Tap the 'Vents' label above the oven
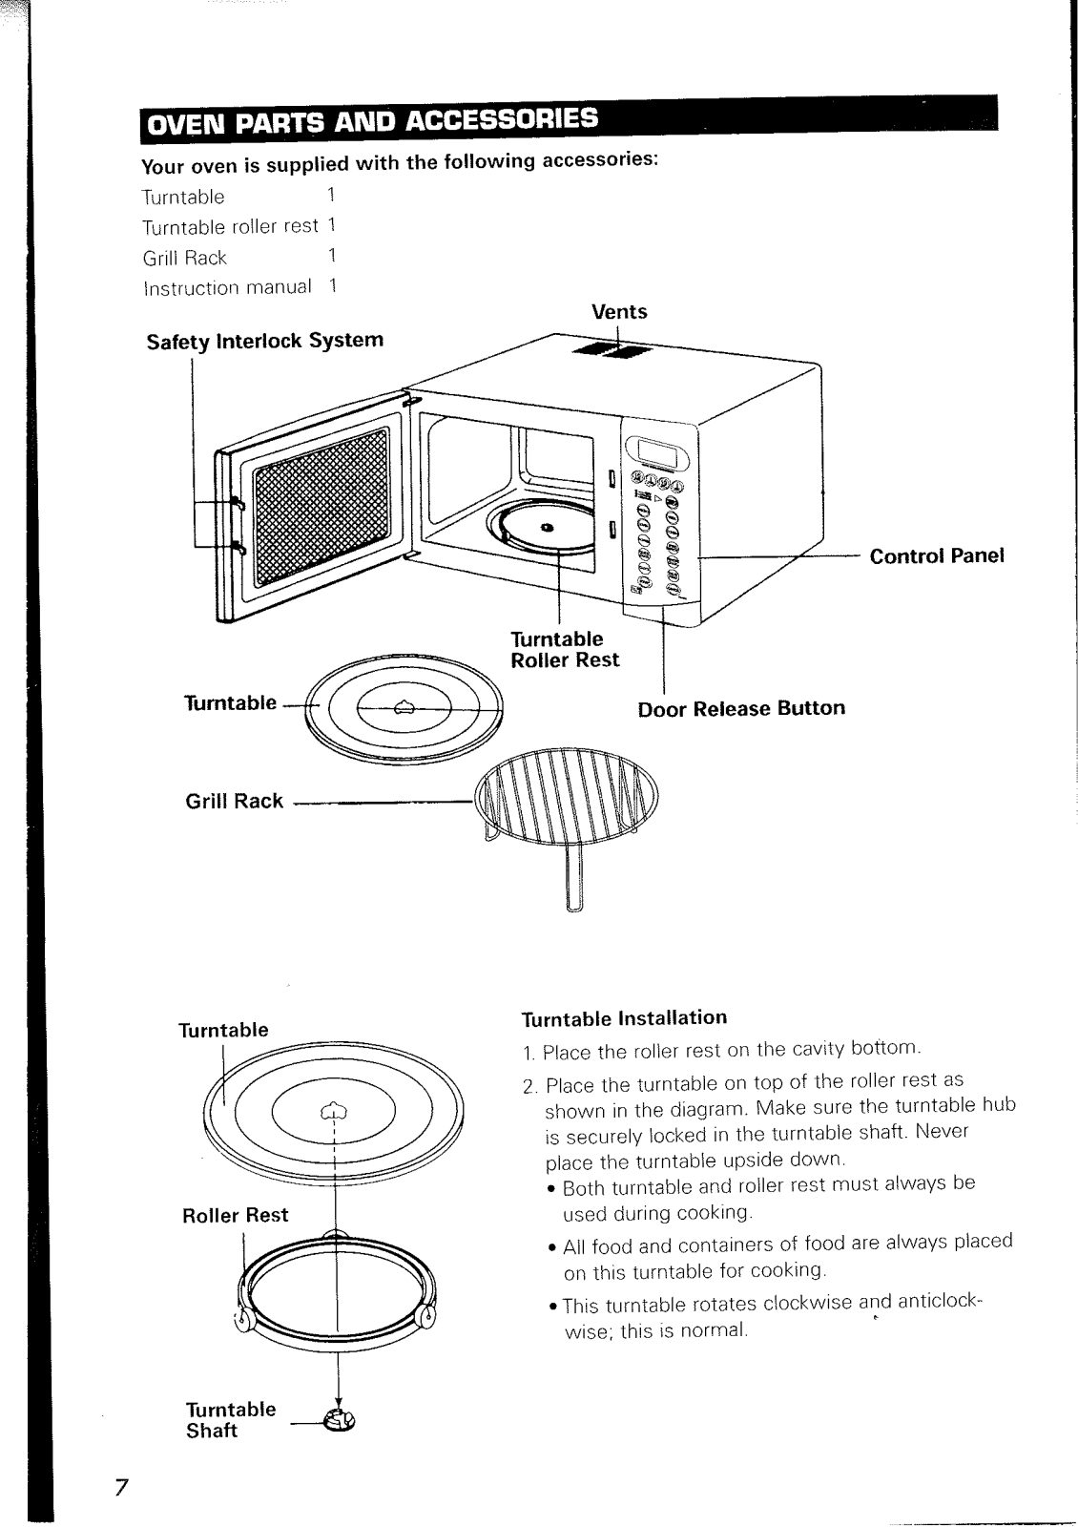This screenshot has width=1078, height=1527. (618, 312)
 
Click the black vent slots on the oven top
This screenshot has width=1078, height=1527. (611, 352)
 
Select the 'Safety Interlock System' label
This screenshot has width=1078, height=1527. (264, 341)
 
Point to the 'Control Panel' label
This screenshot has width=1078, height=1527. (937, 556)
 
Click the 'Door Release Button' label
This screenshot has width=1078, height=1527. (740, 708)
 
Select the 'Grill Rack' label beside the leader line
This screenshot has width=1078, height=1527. (234, 801)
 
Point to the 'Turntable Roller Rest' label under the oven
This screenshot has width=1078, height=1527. (564, 649)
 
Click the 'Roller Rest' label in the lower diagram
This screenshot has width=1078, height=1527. (235, 1215)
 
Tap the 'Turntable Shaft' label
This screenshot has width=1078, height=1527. (230, 1420)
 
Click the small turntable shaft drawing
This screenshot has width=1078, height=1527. (339, 1422)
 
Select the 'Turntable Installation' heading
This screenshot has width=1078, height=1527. (625, 1017)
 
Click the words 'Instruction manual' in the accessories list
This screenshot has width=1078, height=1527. (227, 287)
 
